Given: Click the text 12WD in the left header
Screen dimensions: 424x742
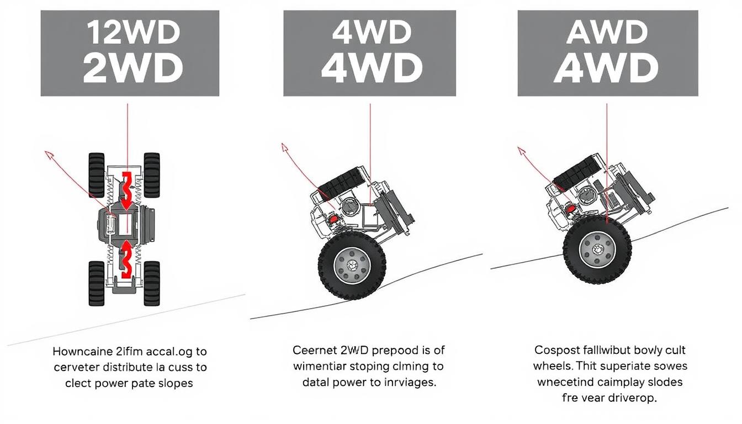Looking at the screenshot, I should pyautogui.click(x=132, y=34).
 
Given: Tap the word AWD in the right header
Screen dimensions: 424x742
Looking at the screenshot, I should pyautogui.click(x=607, y=34).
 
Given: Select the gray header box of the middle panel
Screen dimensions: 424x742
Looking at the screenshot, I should pyautogui.click(x=369, y=53).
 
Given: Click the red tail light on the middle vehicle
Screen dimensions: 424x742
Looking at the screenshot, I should pyautogui.click(x=332, y=218).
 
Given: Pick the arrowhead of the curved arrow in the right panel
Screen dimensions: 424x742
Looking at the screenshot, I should pyautogui.click(x=520, y=150).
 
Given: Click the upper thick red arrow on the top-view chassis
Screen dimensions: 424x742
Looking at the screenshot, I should pyautogui.click(x=127, y=188).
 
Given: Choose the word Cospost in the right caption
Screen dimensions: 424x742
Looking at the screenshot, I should pyautogui.click(x=556, y=350).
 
